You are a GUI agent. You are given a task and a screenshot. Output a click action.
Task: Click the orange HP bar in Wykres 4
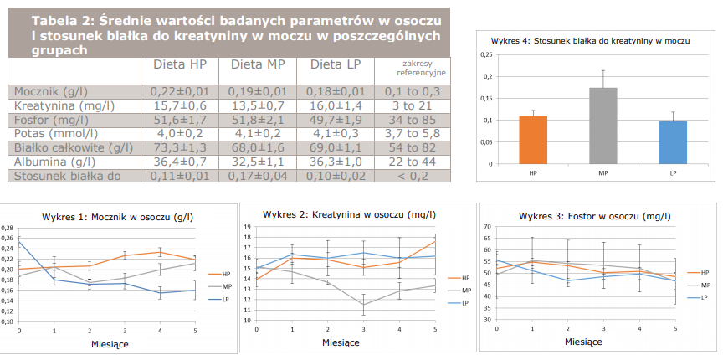[532, 141]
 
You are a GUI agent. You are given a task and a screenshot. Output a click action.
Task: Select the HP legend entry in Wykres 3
[705, 272]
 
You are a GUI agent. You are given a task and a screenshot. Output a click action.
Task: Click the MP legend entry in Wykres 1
[226, 286]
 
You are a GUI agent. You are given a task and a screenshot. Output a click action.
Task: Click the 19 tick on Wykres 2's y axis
[247, 227]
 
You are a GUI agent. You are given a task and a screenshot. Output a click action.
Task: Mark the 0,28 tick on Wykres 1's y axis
[8, 228]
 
